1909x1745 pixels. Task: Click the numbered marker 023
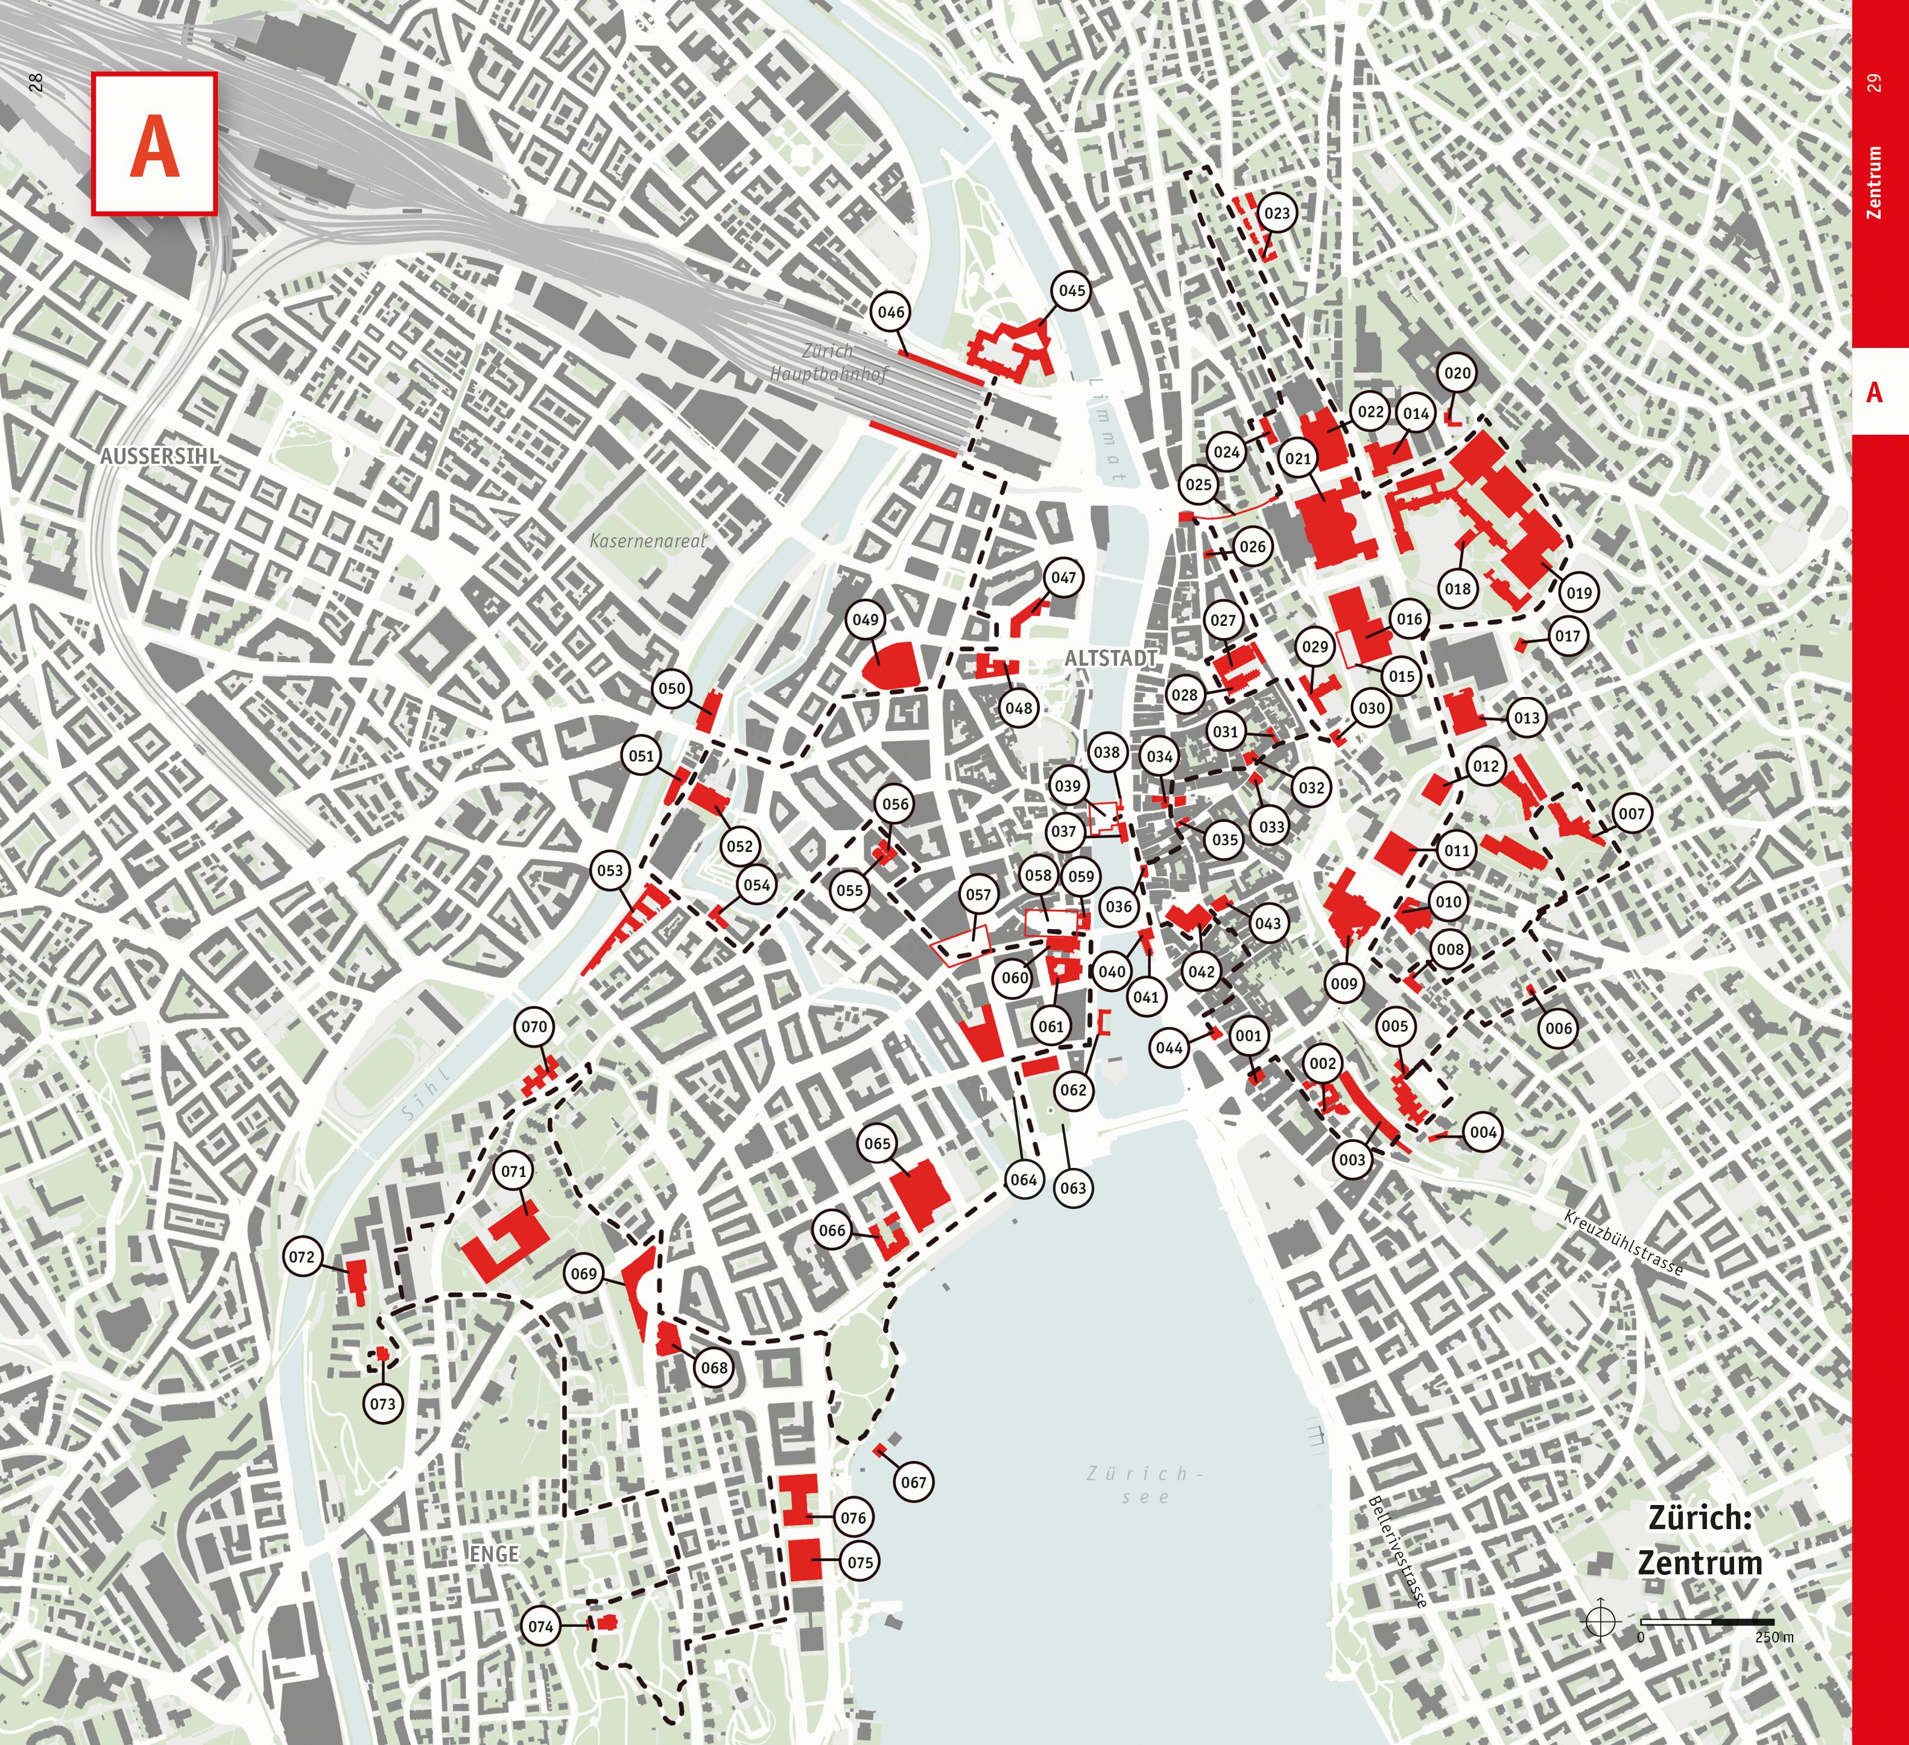(x=1276, y=213)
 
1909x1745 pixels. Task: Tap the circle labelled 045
(x=1071, y=291)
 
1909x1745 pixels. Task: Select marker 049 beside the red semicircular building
(x=866, y=620)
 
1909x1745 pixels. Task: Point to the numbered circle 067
(x=914, y=1482)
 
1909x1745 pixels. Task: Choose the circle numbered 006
(x=1559, y=1028)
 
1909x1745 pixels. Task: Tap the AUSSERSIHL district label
(x=159, y=456)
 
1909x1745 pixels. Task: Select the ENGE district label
(x=493, y=1554)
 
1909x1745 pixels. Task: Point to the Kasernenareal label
(x=648, y=541)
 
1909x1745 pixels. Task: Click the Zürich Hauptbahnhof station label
(x=829, y=362)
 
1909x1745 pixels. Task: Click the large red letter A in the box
(x=154, y=145)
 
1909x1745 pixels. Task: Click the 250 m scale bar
(x=1708, y=1622)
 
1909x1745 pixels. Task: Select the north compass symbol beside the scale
(x=1600, y=1620)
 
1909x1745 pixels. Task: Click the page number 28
(x=36, y=83)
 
